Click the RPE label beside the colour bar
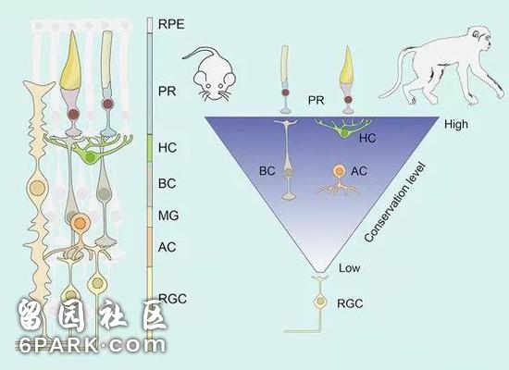[x=171, y=24]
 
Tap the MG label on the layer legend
[x=168, y=216]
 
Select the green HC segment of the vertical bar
[x=150, y=148]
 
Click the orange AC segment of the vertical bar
[x=150, y=247]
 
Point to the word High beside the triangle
[x=456, y=124]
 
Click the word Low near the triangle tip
[x=350, y=268]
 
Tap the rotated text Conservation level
[x=395, y=202]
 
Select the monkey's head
[x=479, y=38]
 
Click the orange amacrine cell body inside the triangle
[x=339, y=170]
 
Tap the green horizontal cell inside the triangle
[x=343, y=129]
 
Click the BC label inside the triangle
[x=267, y=171]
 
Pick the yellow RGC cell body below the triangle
[x=320, y=302]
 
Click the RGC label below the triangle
[x=350, y=303]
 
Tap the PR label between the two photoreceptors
[x=316, y=100]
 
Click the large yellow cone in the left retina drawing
[x=70, y=62]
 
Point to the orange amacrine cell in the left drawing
[x=81, y=223]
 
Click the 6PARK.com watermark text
[x=92, y=345]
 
